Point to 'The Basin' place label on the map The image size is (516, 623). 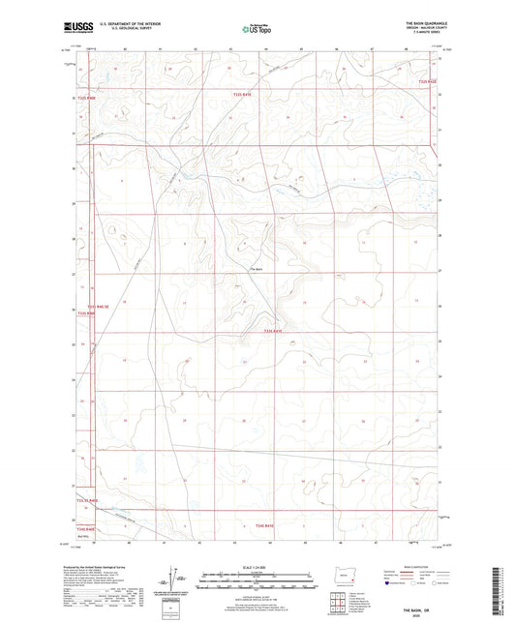click(257, 268)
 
